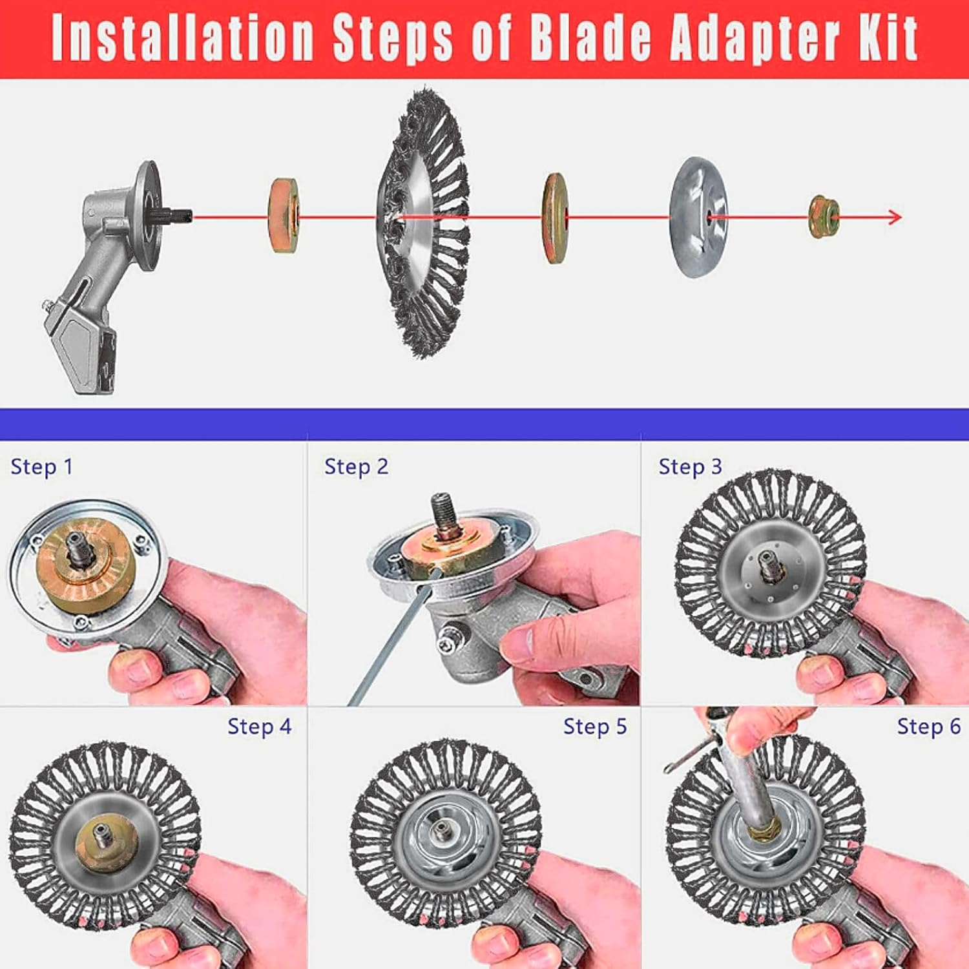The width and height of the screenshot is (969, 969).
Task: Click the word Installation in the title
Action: (183, 38)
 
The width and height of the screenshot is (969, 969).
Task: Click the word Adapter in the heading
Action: (756, 38)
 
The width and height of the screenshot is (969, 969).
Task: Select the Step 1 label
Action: (41, 467)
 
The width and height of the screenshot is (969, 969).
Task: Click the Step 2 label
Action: (356, 467)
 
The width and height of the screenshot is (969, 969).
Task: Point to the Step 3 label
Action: (689, 467)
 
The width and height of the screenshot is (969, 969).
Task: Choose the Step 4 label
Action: (259, 727)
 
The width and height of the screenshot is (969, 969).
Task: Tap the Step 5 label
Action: (594, 727)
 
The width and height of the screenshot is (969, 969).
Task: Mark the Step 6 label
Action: (928, 727)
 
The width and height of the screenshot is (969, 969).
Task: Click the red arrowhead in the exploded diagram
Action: (895, 217)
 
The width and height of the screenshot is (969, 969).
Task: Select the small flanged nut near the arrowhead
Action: (824, 217)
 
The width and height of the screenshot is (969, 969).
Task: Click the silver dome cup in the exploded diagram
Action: (699, 217)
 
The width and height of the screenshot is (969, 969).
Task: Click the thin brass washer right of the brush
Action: (555, 218)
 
